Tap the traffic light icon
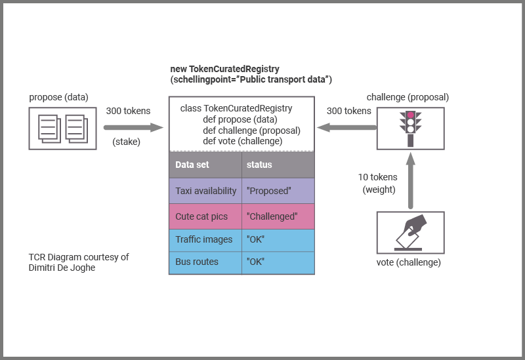point(411,128)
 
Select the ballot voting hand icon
point(411,232)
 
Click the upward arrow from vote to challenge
point(411,180)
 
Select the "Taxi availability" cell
point(205,191)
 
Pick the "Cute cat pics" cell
point(205,216)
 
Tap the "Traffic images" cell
point(205,239)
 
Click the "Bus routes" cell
point(205,262)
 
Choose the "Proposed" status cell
point(278,191)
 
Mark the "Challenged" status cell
point(278,216)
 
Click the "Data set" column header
point(205,165)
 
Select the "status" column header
point(278,165)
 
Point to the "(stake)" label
point(127,142)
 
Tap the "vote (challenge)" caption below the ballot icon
point(410,262)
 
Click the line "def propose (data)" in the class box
point(240,119)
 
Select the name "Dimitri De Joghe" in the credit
point(62,268)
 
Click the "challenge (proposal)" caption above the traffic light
point(408,97)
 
